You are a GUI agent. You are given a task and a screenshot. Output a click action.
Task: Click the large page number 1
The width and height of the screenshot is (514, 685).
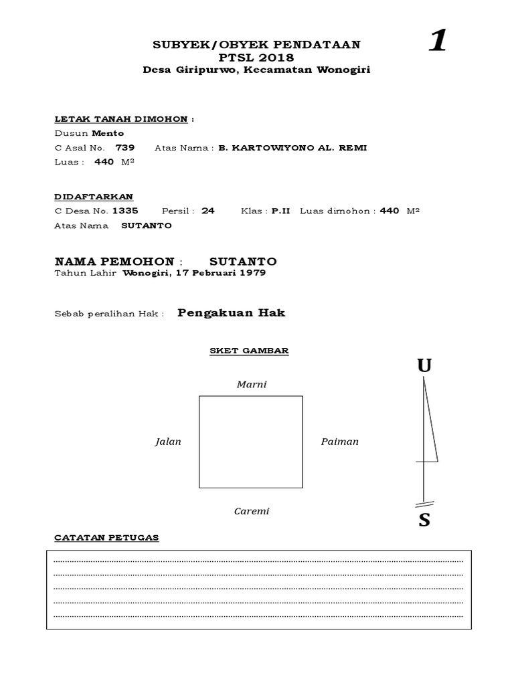[438, 41]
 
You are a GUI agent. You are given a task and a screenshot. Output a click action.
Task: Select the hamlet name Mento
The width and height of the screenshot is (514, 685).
[108, 133]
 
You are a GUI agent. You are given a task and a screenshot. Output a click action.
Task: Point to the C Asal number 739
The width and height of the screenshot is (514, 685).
[125, 148]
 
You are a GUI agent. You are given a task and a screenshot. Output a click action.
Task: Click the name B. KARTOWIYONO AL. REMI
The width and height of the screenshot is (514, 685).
[292, 148]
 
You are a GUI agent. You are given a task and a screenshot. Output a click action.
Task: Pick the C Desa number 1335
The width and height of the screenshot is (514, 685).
[125, 211]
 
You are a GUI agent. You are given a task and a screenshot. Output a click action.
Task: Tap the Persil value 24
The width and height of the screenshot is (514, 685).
[208, 211]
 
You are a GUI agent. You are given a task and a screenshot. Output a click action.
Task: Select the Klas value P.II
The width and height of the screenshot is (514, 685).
[280, 211]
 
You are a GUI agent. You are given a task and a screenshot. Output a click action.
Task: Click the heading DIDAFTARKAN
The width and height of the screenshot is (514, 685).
[94, 196]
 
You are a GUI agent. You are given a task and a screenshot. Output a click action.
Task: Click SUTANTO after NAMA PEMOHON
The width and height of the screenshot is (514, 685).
[243, 261]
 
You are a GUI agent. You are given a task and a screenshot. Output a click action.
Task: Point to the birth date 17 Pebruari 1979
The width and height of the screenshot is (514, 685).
[221, 273]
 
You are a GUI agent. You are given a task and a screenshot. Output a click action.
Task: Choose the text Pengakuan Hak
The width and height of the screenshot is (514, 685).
[232, 313]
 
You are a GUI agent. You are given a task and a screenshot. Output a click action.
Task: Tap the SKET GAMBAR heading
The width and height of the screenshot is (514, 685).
[249, 351]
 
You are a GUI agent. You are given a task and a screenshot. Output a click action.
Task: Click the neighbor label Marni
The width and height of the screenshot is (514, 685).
[252, 385]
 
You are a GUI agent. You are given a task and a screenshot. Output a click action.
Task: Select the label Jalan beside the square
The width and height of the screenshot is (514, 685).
[168, 442]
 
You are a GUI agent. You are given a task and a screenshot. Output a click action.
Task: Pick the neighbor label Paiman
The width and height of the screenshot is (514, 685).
[340, 442]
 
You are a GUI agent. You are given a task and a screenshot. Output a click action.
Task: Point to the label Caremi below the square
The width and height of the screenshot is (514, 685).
[252, 512]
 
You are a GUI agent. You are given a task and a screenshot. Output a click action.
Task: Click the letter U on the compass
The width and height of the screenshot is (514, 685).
[424, 366]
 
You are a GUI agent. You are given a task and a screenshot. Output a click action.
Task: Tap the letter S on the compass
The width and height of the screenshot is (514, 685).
[424, 520]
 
